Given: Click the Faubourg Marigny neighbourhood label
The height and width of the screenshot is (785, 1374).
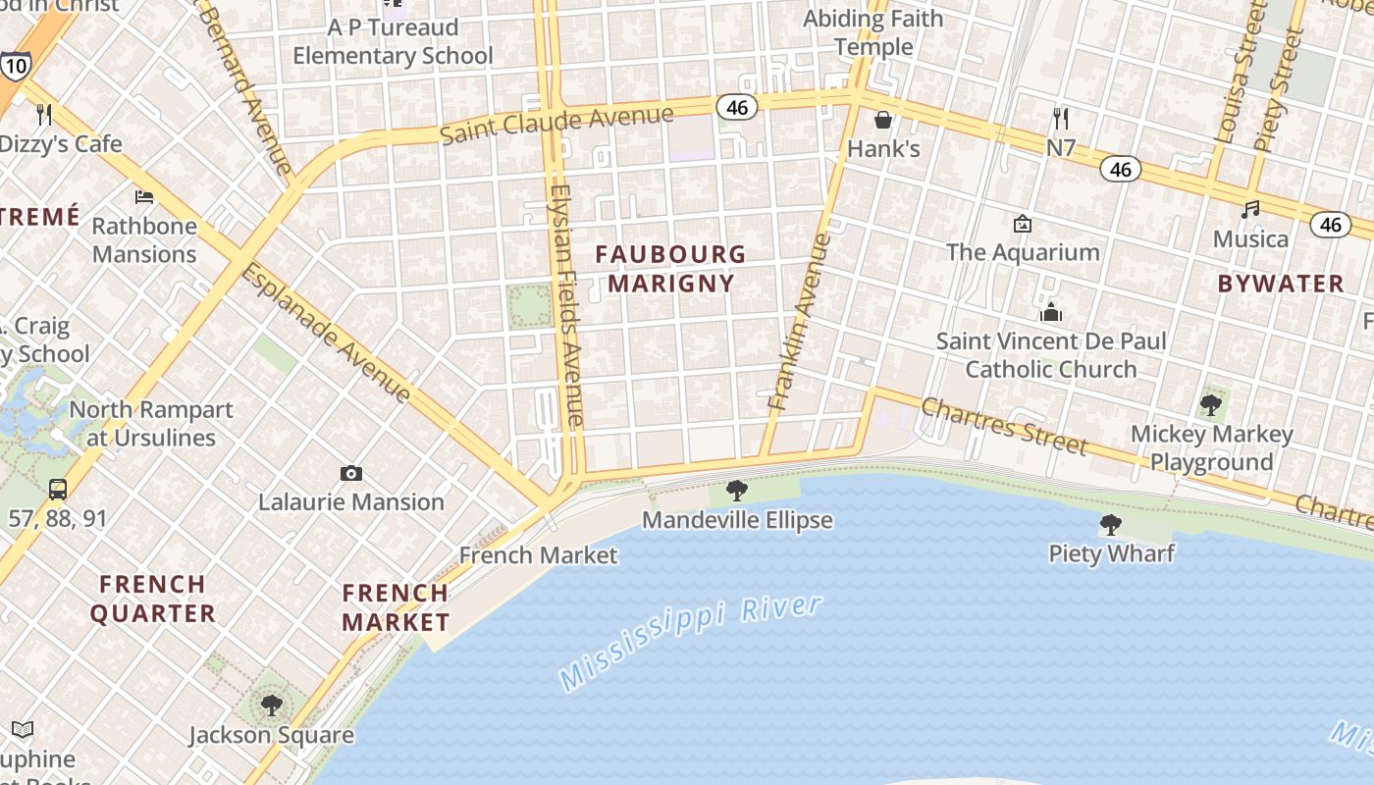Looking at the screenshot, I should [x=670, y=269].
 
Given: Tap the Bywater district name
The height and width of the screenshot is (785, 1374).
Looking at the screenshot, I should [x=1281, y=284].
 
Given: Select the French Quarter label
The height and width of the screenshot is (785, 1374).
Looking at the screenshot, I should [x=153, y=599].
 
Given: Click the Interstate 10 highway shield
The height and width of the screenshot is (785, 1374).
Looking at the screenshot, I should [x=15, y=66].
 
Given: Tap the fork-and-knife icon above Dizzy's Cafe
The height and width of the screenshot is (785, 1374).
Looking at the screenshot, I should [x=44, y=115].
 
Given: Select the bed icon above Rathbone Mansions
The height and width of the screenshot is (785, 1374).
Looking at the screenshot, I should [x=144, y=197].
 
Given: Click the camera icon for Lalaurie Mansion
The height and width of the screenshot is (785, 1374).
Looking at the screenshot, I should [x=350, y=474].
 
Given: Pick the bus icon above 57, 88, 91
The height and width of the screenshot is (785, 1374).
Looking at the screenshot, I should [x=58, y=489].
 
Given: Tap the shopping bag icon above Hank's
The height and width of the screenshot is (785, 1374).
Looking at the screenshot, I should [x=883, y=120].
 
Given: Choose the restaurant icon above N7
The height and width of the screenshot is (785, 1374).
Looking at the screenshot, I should [x=1060, y=119].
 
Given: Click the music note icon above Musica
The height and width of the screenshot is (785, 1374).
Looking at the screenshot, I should [x=1250, y=209].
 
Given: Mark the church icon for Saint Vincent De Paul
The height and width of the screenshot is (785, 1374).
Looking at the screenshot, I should [x=1051, y=313].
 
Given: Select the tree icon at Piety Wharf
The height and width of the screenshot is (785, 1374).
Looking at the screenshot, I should [x=1111, y=525].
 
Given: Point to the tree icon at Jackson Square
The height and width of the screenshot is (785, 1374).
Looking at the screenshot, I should [x=272, y=706].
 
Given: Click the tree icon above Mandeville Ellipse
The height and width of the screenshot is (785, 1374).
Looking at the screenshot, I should [x=737, y=491].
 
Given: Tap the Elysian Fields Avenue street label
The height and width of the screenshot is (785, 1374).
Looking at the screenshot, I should [x=567, y=304].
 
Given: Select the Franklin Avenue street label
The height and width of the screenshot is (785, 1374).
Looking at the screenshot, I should [x=799, y=321].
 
